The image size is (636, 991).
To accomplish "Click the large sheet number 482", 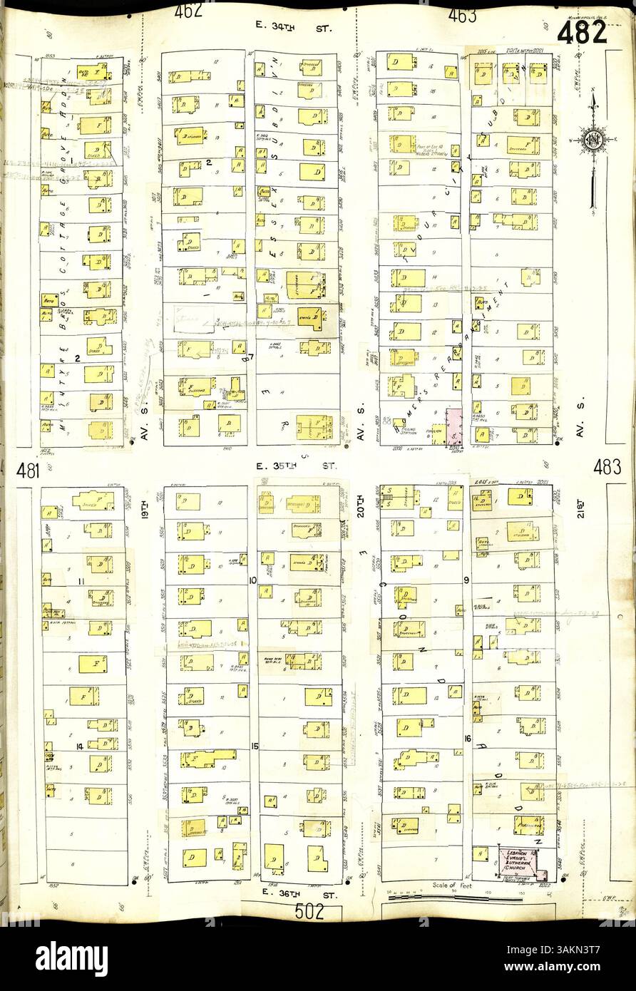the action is tap(582, 33).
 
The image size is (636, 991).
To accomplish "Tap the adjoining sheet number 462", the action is tap(188, 11).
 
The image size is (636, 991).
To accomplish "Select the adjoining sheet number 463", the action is tap(462, 15).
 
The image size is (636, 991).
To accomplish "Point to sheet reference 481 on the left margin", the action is tap(28, 470).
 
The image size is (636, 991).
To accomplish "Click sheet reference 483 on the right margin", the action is tap(606, 468).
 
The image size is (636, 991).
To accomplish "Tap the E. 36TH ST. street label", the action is tap(297, 891).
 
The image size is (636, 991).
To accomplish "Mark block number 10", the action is tap(252, 580).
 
